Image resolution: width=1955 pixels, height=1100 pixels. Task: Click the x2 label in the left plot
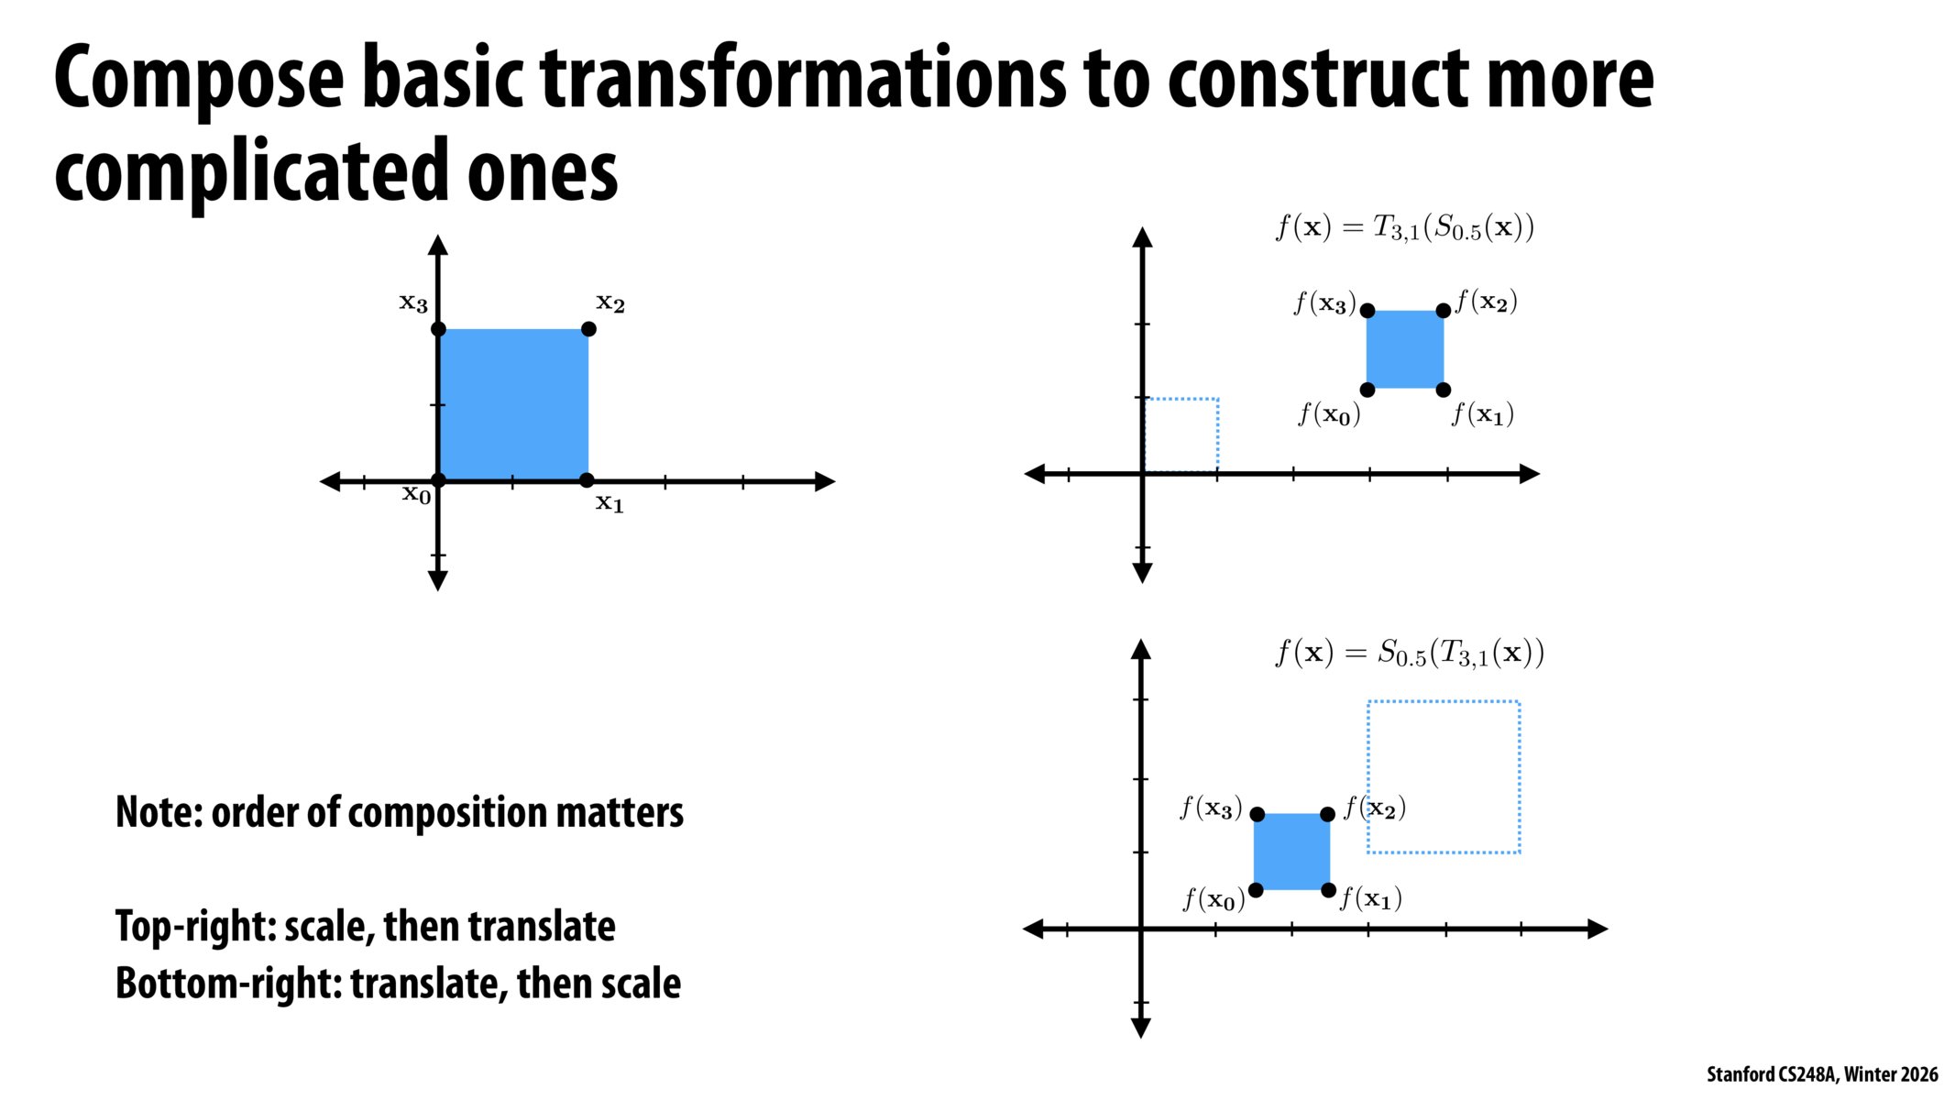click(610, 303)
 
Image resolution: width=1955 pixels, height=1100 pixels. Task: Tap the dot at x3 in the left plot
click(438, 329)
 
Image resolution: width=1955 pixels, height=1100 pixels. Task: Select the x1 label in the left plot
click(610, 503)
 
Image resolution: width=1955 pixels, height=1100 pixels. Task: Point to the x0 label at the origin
click(416, 495)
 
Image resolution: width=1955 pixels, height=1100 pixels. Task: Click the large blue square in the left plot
click(513, 404)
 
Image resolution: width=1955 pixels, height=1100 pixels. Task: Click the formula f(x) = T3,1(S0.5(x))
click(1404, 227)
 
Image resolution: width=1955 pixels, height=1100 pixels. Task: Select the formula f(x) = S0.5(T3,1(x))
click(1409, 654)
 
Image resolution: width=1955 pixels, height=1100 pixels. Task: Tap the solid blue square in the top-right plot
click(1404, 349)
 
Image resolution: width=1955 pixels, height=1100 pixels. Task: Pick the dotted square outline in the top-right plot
click(1181, 434)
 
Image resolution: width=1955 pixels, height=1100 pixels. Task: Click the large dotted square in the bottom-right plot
click(1444, 776)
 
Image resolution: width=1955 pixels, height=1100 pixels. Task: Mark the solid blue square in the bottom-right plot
click(1291, 852)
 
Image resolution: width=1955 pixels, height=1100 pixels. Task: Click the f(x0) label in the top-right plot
click(1329, 415)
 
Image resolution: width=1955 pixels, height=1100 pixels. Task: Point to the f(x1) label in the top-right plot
click(1482, 415)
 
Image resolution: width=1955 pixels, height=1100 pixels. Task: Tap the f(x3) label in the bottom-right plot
click(1211, 808)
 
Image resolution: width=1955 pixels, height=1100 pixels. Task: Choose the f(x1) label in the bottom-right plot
click(1370, 898)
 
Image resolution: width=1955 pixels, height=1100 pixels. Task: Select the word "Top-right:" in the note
click(195, 927)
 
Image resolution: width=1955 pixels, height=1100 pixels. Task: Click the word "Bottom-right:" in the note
click(228, 984)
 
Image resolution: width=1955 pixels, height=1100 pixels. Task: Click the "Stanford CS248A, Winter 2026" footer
click(1821, 1074)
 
